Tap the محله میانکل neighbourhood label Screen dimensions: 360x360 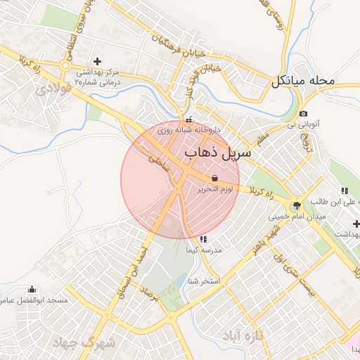tap(303, 82)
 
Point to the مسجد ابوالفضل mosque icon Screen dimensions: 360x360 tap(32, 289)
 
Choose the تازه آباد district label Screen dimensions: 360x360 tap(243, 336)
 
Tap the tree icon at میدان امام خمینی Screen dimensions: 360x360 tap(297, 205)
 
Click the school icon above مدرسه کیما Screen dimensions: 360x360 tap(204, 239)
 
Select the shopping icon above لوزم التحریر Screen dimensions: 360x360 tap(214, 179)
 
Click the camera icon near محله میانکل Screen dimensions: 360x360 tap(303, 114)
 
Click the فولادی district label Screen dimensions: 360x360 tap(52, 89)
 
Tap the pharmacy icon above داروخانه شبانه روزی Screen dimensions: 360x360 tap(188, 120)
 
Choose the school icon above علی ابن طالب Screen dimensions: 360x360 tap(345, 190)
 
